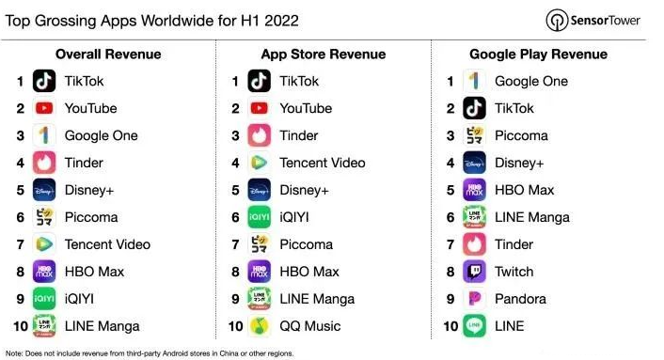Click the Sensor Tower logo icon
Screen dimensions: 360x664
556,20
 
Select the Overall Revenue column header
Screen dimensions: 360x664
108,55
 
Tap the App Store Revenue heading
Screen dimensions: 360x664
323,55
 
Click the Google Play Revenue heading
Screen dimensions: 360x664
537,55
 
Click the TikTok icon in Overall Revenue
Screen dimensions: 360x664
44,82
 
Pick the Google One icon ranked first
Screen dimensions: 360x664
475,82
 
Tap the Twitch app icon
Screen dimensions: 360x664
475,272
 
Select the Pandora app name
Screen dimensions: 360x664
521,299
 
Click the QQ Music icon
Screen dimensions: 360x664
260,326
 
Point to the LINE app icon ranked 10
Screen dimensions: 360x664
475,326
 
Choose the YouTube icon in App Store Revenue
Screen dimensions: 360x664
260,109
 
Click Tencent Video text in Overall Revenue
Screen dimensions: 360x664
107,244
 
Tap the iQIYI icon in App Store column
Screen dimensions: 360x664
260,217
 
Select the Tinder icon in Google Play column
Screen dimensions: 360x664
475,244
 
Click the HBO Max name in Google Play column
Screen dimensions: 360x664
524,190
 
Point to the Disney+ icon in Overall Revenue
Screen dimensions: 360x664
44,190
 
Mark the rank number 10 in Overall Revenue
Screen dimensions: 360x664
19,326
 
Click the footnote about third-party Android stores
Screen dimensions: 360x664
150,353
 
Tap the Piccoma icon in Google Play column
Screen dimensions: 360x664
475,136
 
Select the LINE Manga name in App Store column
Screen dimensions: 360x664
317,299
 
